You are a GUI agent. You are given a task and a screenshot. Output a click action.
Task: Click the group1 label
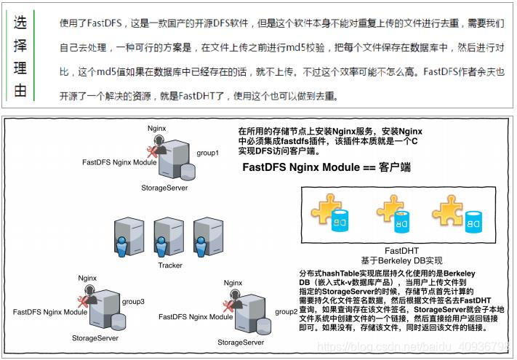pyautogui.click(x=208, y=154)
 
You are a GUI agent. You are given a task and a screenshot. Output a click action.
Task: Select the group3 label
pyautogui.click(x=134, y=300)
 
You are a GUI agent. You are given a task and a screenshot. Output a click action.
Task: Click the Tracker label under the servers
pyautogui.click(x=171, y=265)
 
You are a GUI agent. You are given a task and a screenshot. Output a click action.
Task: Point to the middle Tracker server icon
pyautogui.click(x=169, y=237)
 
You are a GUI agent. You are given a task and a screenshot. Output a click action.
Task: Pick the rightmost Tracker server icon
pyautogui.click(x=207, y=237)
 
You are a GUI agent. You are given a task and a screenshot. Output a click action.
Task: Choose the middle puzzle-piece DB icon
pyautogui.click(x=397, y=213)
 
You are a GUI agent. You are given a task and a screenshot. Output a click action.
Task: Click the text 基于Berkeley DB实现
pyautogui.click(x=401, y=260)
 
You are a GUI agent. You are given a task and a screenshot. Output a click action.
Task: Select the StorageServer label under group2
pyautogui.click(x=241, y=343)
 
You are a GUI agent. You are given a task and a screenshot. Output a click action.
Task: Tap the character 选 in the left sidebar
pyautogui.click(x=21, y=23)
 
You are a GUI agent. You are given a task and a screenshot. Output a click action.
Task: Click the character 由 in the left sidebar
pyautogui.click(x=21, y=91)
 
